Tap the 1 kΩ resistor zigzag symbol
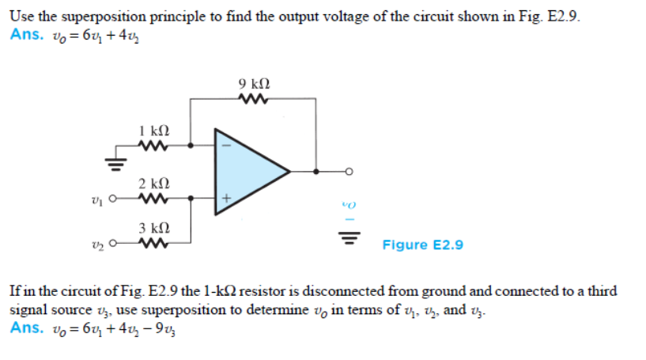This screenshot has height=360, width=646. [152, 146]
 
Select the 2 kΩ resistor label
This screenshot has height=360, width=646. [153, 183]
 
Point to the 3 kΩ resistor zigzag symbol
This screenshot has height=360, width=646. [152, 243]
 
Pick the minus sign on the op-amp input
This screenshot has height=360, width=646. [225, 146]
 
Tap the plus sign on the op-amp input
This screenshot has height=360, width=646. [225, 198]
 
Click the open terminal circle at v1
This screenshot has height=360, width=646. [114, 199]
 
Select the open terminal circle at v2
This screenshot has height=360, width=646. [114, 243]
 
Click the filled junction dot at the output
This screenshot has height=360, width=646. [317, 171]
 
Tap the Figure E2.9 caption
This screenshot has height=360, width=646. [423, 245]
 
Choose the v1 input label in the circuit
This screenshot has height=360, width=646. [96, 199]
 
